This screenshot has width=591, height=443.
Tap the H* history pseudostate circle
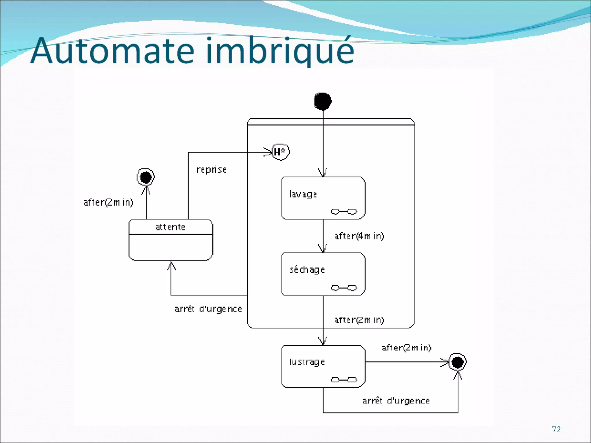[280, 152]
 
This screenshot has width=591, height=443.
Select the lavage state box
[323, 198]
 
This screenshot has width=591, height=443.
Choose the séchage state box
[323, 274]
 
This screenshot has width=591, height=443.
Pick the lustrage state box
[323, 366]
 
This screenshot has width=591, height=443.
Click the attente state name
[170, 227]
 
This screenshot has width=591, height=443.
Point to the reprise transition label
[211, 170]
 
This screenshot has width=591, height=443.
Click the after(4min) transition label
[359, 236]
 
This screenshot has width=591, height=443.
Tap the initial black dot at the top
[323, 101]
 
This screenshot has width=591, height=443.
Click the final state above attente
[146, 177]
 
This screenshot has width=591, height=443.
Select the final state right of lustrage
[458, 362]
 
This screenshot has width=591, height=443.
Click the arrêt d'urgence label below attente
[208, 309]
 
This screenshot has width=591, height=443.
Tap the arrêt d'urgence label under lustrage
[396, 401]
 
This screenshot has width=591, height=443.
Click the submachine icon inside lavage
[344, 212]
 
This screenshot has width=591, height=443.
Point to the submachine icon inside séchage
[344, 288]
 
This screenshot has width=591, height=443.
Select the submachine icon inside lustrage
[344, 380]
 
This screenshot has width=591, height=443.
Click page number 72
[556, 429]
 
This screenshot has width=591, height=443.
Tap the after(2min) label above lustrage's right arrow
[406, 348]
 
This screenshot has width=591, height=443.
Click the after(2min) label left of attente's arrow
[108, 202]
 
